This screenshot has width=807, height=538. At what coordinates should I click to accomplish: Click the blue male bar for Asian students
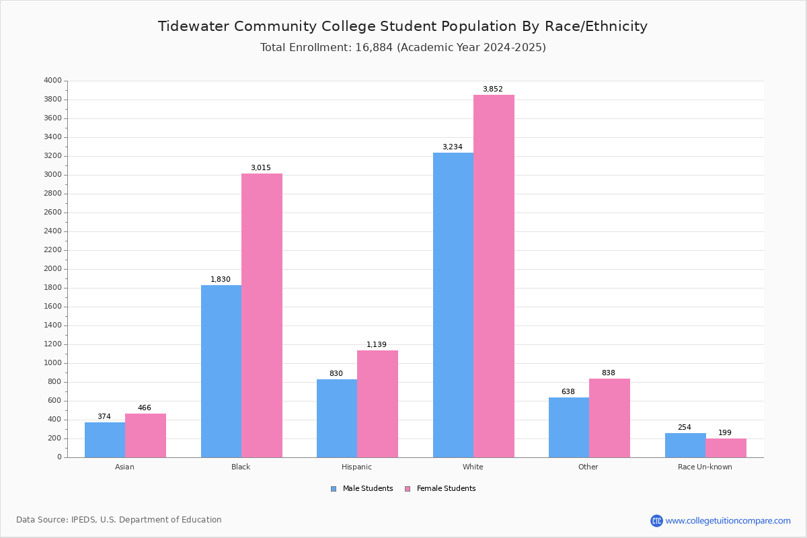click(x=105, y=440)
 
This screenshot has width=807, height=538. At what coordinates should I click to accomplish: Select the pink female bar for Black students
click(x=262, y=315)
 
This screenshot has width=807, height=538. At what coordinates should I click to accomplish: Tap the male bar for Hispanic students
click(x=337, y=418)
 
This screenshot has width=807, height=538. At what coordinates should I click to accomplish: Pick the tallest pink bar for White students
click(x=494, y=276)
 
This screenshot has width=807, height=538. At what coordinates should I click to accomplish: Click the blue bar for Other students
click(x=569, y=427)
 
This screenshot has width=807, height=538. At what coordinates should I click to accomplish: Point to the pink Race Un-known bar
click(x=726, y=448)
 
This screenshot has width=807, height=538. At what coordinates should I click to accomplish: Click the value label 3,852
click(x=493, y=89)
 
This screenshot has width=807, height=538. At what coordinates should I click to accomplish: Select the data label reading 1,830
click(x=221, y=279)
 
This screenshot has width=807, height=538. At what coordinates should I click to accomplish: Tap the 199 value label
click(x=725, y=432)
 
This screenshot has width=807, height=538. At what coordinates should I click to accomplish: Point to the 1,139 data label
click(x=377, y=344)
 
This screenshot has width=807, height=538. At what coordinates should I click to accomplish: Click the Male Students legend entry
click(x=362, y=489)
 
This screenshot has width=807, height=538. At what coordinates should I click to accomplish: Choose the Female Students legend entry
click(x=440, y=489)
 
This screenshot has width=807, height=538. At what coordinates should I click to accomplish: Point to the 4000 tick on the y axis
click(x=53, y=80)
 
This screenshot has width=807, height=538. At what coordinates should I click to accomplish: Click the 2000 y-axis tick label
click(x=53, y=269)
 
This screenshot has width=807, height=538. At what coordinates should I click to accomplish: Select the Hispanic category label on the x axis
click(x=356, y=467)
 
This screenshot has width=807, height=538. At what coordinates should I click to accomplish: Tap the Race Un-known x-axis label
click(x=705, y=467)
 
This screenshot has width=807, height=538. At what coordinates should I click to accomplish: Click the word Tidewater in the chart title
click(x=194, y=26)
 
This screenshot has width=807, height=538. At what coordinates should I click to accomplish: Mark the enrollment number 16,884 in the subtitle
click(x=374, y=48)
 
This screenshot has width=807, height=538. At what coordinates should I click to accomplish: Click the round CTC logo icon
click(x=656, y=521)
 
